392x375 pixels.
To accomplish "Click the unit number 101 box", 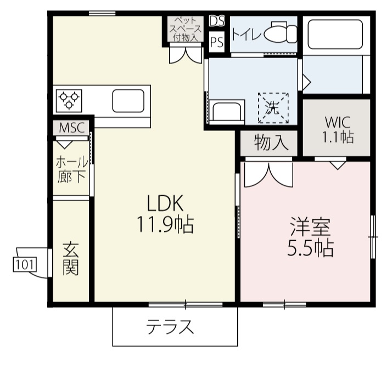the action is tap(25, 265).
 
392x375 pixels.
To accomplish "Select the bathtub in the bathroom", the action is tap(335, 34).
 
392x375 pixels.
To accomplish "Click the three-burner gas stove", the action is tap(69, 100).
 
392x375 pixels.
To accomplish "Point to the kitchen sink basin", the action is tap(128, 101).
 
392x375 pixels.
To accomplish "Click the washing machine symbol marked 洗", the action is tap(273, 108).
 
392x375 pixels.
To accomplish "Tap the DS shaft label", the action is tap(217, 21).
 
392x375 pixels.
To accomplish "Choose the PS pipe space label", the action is tap(217, 42).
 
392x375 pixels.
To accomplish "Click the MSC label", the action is tap(71, 128).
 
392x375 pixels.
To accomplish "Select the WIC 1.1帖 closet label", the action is tap(338, 129).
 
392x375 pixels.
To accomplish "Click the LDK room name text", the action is tap(165, 203).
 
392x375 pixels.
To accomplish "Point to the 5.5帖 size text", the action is tap(310, 248).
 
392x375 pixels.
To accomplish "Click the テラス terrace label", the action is tap(170, 327).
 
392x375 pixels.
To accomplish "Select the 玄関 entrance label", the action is tap(71, 259).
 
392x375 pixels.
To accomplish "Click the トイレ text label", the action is tap(247, 34).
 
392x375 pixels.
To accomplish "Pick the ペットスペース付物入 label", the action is tap(186, 29).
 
